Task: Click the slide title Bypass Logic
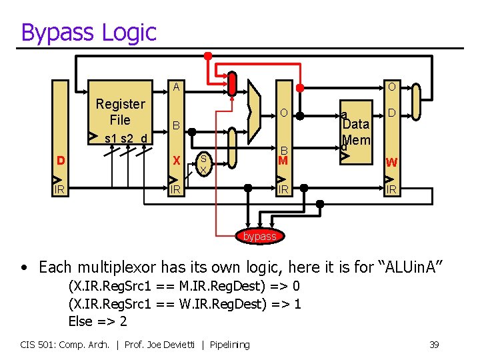click(89, 32)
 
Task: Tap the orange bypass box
click(259, 236)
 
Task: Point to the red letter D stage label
click(61, 161)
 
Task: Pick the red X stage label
click(176, 161)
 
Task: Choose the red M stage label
click(283, 161)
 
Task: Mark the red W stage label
click(391, 162)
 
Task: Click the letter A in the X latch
click(176, 87)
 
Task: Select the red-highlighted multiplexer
click(232, 83)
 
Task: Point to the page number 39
click(433, 344)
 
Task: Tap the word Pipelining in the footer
click(229, 344)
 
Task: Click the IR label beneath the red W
click(391, 190)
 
